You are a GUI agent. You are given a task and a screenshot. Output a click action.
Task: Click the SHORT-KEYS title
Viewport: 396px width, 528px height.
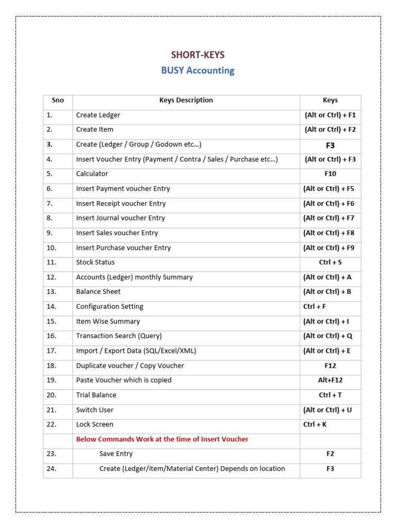198,55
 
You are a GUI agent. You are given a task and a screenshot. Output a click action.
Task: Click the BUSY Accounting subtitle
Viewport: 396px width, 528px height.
198,71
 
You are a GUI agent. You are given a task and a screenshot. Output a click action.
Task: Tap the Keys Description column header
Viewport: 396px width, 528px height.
186,101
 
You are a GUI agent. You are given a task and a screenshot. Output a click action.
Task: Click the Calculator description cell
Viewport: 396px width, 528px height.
92,174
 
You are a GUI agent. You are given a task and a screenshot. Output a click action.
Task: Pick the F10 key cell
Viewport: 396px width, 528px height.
330,174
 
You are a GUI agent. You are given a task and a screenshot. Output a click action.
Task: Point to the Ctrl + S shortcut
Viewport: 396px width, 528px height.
330,262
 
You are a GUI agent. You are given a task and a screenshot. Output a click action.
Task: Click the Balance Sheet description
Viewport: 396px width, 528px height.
98,292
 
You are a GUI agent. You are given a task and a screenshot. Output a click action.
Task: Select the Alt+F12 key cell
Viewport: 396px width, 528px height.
330,381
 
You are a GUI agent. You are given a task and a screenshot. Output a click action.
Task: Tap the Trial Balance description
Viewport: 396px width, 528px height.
96,395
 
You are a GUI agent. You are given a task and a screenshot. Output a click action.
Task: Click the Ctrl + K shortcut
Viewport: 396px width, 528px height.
315,425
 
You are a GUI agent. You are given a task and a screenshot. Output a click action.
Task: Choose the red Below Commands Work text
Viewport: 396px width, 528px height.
162,439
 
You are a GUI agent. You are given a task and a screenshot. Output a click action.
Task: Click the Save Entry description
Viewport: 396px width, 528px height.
116,454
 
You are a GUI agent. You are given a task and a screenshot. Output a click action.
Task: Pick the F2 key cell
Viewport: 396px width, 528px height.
330,454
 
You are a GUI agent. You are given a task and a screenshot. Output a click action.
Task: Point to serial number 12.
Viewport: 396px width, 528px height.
51,277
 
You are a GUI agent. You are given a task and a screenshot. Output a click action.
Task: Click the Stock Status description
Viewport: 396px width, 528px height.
95,262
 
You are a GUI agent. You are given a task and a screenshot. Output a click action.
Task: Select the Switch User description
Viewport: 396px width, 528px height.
95,410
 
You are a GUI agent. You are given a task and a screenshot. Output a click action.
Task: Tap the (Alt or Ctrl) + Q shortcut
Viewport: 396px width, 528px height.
328,336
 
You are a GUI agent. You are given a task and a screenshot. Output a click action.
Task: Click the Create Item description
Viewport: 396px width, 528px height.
95,130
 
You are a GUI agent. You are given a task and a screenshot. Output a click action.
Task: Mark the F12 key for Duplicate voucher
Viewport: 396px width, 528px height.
330,366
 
